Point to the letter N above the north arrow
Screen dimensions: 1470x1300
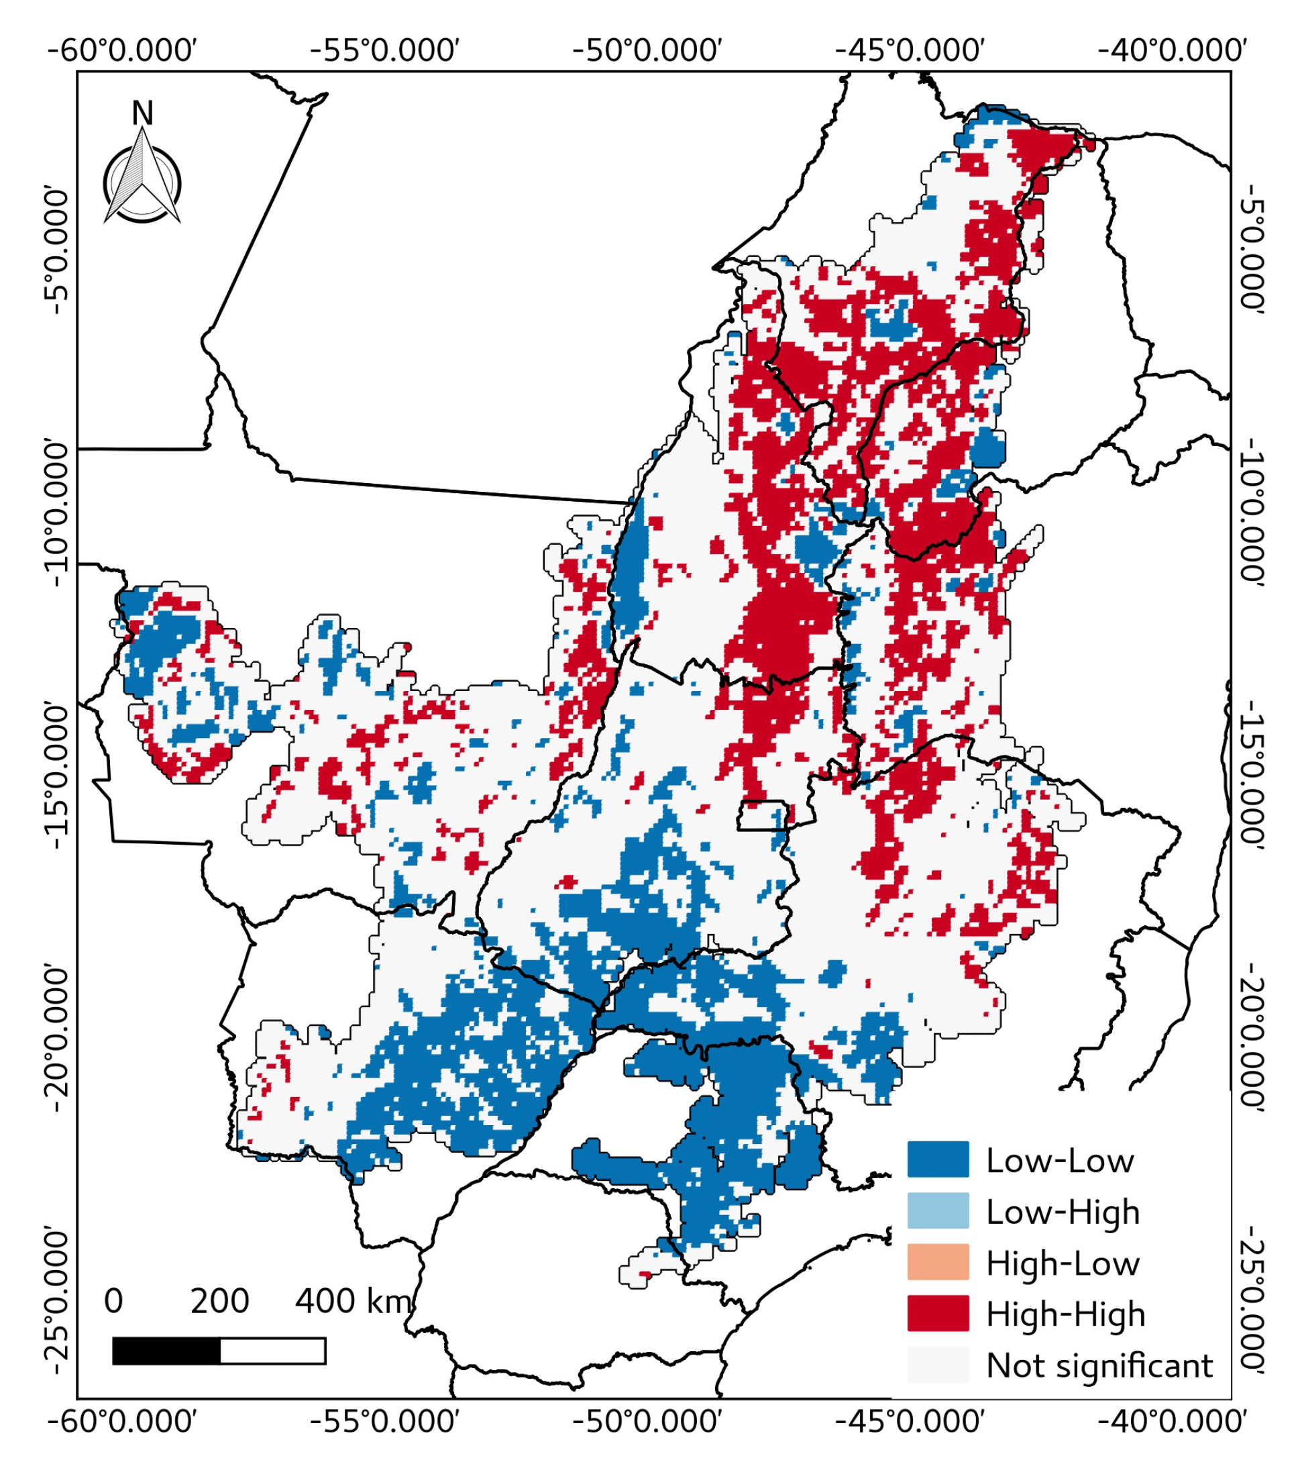point(142,113)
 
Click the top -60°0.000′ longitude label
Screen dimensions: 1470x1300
point(122,51)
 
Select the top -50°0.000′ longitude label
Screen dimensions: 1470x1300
point(647,51)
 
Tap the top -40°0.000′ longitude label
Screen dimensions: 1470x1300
point(1172,51)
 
